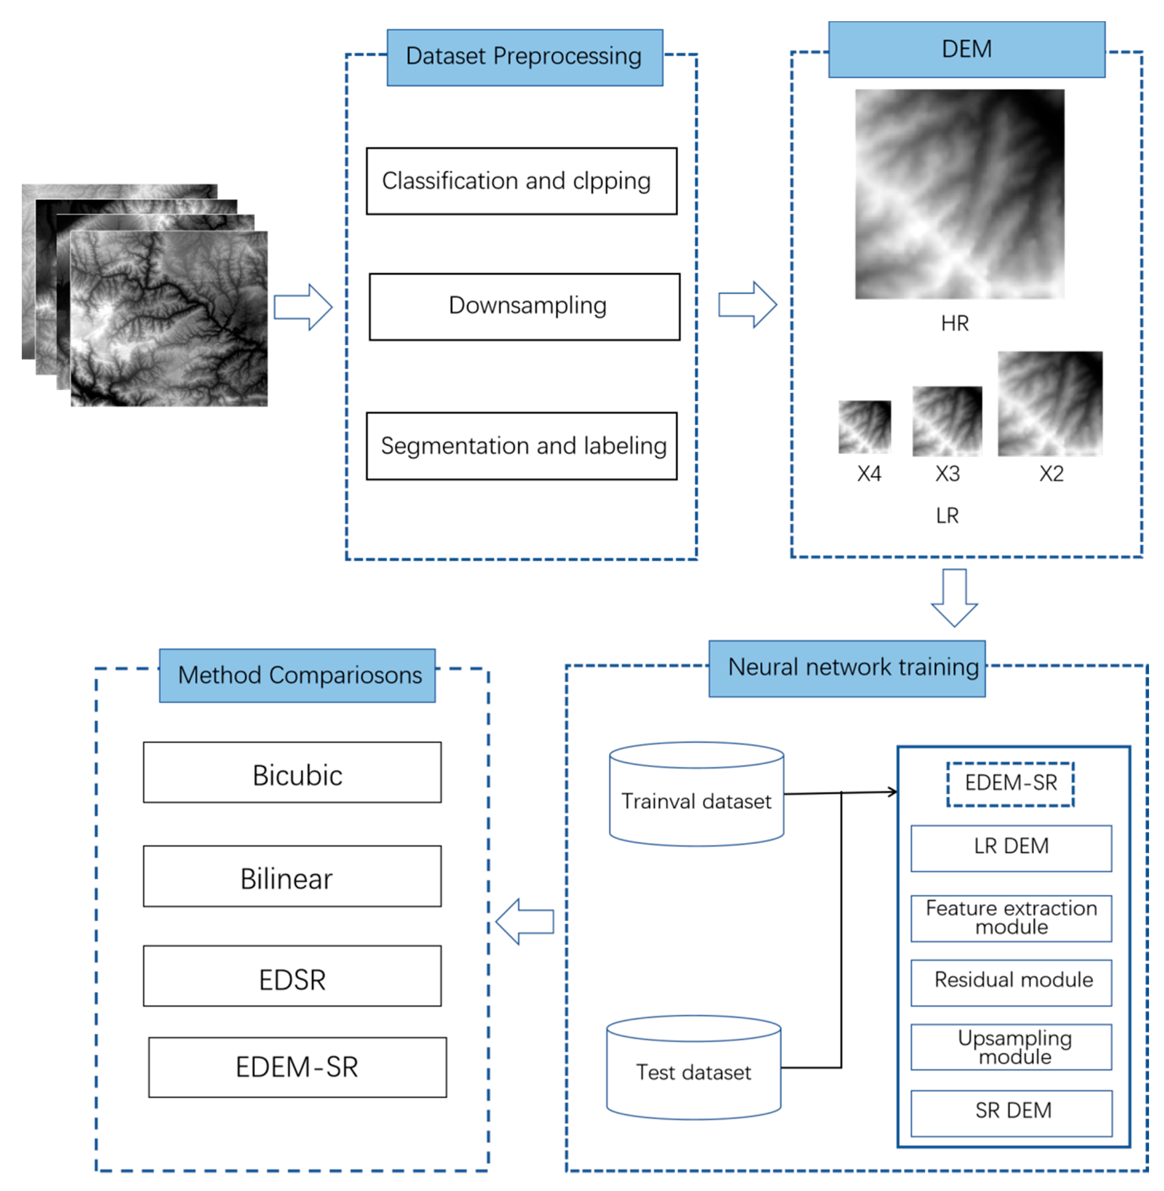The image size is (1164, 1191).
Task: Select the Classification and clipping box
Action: click(522, 181)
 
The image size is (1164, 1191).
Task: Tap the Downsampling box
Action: click(525, 307)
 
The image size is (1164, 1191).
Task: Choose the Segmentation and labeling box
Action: click(522, 446)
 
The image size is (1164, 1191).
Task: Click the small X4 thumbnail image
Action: click(865, 427)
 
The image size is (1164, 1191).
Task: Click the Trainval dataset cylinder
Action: click(696, 794)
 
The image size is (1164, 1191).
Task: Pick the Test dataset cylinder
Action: click(693, 1068)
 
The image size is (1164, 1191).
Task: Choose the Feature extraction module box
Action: click(1011, 918)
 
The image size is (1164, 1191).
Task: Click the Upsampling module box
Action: click(1011, 1047)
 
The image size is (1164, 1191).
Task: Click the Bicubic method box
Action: click(292, 772)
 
